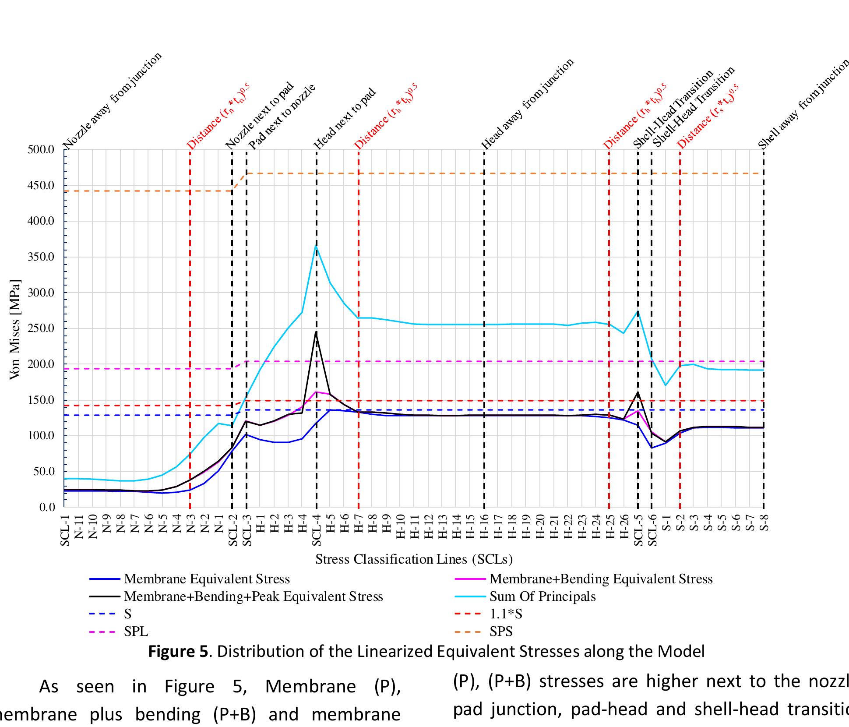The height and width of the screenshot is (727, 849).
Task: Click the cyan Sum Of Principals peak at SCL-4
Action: click(316, 246)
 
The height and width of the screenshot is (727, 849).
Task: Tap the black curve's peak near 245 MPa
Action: click(316, 332)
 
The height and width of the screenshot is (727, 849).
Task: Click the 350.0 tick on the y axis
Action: click(41, 257)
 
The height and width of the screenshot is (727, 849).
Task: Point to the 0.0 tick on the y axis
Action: click(47, 507)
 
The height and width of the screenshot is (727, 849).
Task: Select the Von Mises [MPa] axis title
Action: click(15, 329)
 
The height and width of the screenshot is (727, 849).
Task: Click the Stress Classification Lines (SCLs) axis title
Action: click(413, 559)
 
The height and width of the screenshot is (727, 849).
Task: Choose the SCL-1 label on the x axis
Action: click(65, 530)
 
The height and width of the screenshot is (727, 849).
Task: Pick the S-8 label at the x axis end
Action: click(764, 522)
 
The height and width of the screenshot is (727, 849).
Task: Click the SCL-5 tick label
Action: click(638, 530)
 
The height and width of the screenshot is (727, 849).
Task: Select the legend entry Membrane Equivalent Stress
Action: click(207, 579)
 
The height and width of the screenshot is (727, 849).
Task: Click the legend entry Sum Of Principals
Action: click(542, 596)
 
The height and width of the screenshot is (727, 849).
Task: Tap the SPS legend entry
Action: click(500, 632)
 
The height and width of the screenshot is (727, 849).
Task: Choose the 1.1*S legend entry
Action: click(505, 614)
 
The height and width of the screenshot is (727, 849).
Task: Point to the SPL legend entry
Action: click(136, 632)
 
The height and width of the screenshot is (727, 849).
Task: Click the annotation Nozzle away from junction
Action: click(113, 101)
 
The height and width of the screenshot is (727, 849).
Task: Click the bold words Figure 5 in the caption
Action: click(177, 652)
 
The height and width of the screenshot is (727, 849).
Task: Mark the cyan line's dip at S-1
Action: click(666, 385)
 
